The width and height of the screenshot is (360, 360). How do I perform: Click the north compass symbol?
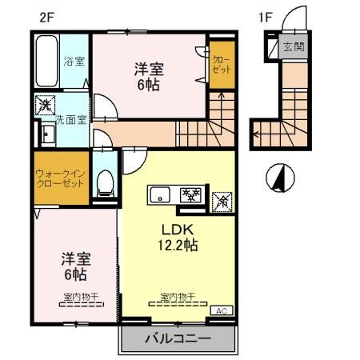(279, 177)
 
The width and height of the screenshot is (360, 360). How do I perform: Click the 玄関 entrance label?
(294, 47)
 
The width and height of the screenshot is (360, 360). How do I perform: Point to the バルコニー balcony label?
(178, 339)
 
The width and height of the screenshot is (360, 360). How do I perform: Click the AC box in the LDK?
(218, 310)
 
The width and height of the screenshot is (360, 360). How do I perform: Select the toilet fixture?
(103, 183)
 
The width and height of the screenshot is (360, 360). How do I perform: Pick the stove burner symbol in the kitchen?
(191, 194)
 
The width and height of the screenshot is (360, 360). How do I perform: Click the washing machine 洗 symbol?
(45, 105)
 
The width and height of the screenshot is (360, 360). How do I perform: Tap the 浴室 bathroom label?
(75, 61)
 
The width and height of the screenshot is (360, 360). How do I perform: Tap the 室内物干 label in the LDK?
(174, 297)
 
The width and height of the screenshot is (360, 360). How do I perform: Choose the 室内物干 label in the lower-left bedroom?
(75, 297)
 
